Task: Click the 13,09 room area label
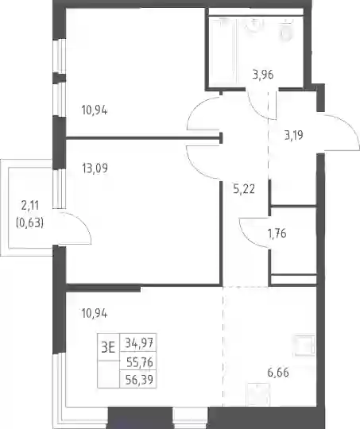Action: [x=95, y=168]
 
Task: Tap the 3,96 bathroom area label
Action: [x=263, y=75]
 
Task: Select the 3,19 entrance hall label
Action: [x=294, y=135]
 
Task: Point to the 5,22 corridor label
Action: [x=244, y=189]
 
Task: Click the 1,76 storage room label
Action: [x=277, y=234]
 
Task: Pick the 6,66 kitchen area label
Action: [x=278, y=373]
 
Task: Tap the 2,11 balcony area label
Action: [x=30, y=205]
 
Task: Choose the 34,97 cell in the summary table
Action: [x=138, y=342]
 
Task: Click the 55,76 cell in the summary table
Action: [x=140, y=362]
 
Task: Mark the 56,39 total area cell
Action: [x=139, y=380]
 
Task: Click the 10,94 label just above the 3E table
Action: [x=95, y=313]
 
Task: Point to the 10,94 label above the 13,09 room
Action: [x=95, y=110]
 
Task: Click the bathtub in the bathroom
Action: [x=223, y=52]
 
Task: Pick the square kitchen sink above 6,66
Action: [x=304, y=345]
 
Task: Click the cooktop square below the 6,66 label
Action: [x=258, y=395]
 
